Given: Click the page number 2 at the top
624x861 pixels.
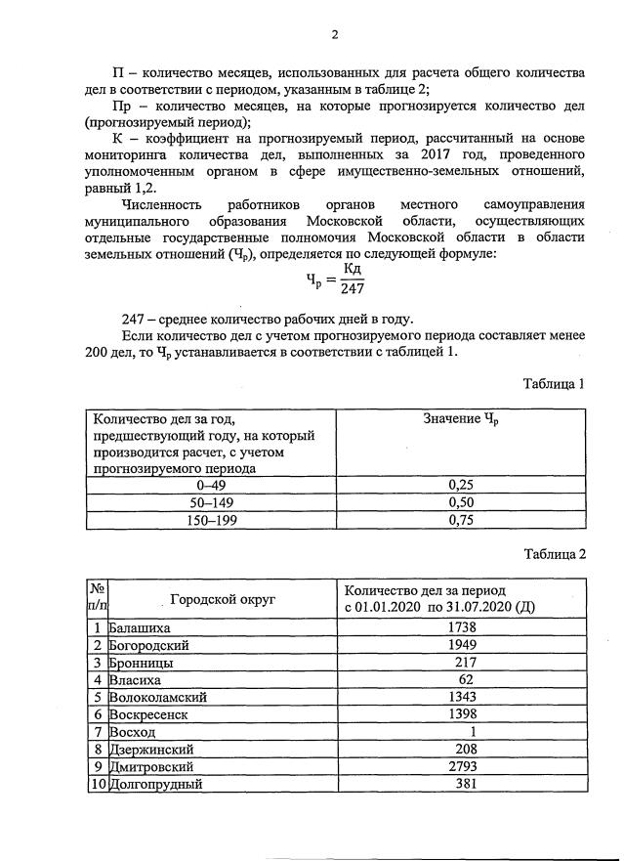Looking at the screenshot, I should (x=334, y=35).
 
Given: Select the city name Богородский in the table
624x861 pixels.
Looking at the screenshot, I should (x=149, y=644).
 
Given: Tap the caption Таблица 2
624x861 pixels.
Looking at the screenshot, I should (x=554, y=553).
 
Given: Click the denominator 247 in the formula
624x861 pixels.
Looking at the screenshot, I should (x=353, y=288).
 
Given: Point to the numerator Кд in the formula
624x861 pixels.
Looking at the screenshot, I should (x=353, y=268).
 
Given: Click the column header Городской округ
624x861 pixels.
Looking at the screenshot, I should (x=222, y=599).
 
